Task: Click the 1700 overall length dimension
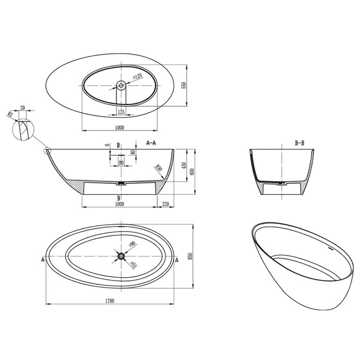pyautogui.click(x=110, y=301)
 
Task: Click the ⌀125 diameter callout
pyautogui.click(x=137, y=76)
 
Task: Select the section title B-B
pyautogui.click(x=300, y=143)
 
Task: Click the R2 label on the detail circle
pyautogui.click(x=10, y=114)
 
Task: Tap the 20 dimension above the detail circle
pyautogui.click(x=23, y=108)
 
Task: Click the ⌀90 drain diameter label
pyautogui.click(x=132, y=245)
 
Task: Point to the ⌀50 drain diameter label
pyautogui.click(x=133, y=265)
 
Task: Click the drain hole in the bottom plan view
pyautogui.click(x=121, y=256)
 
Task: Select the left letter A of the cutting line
pyautogui.click(x=43, y=260)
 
